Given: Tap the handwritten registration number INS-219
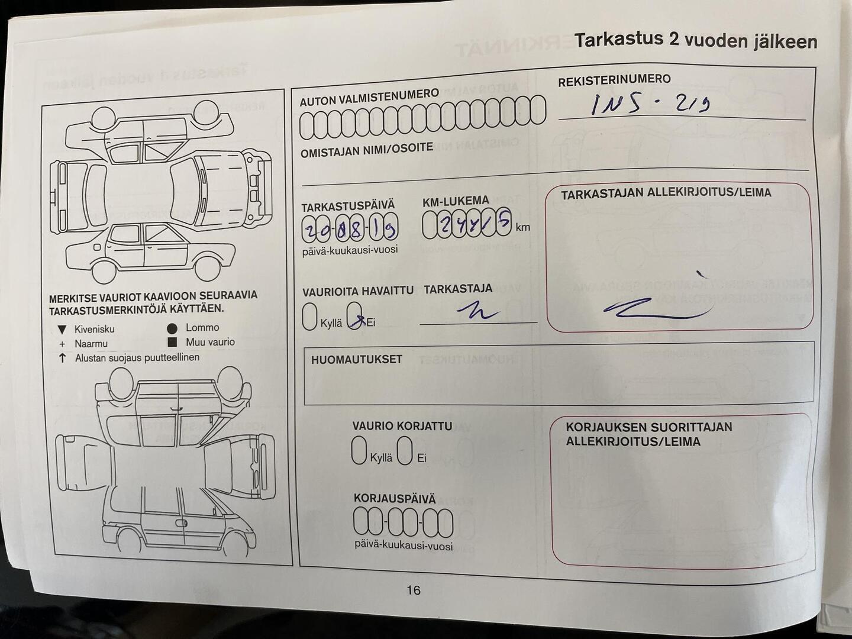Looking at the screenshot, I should [x=651, y=104].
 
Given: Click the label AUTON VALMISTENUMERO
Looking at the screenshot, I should [x=369, y=98].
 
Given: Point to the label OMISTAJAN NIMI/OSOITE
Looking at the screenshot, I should [x=366, y=150].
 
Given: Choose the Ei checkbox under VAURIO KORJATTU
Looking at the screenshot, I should [x=405, y=450].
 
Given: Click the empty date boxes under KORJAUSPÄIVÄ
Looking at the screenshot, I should [x=403, y=522].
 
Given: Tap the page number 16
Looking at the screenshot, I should [x=414, y=590].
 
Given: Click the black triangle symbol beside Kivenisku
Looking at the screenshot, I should [x=62, y=330].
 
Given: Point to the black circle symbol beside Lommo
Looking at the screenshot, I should [x=172, y=328].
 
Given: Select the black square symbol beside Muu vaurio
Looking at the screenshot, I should [x=172, y=342].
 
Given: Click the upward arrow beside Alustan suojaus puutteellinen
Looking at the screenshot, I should [x=62, y=358].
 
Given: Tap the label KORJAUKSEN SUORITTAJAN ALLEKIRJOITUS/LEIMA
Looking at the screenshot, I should [x=648, y=434].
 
